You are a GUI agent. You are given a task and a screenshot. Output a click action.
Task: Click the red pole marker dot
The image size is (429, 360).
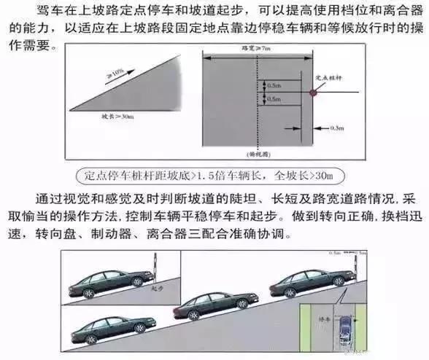(314, 92)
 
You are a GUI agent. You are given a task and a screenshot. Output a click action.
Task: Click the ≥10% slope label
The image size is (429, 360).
(115, 74)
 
